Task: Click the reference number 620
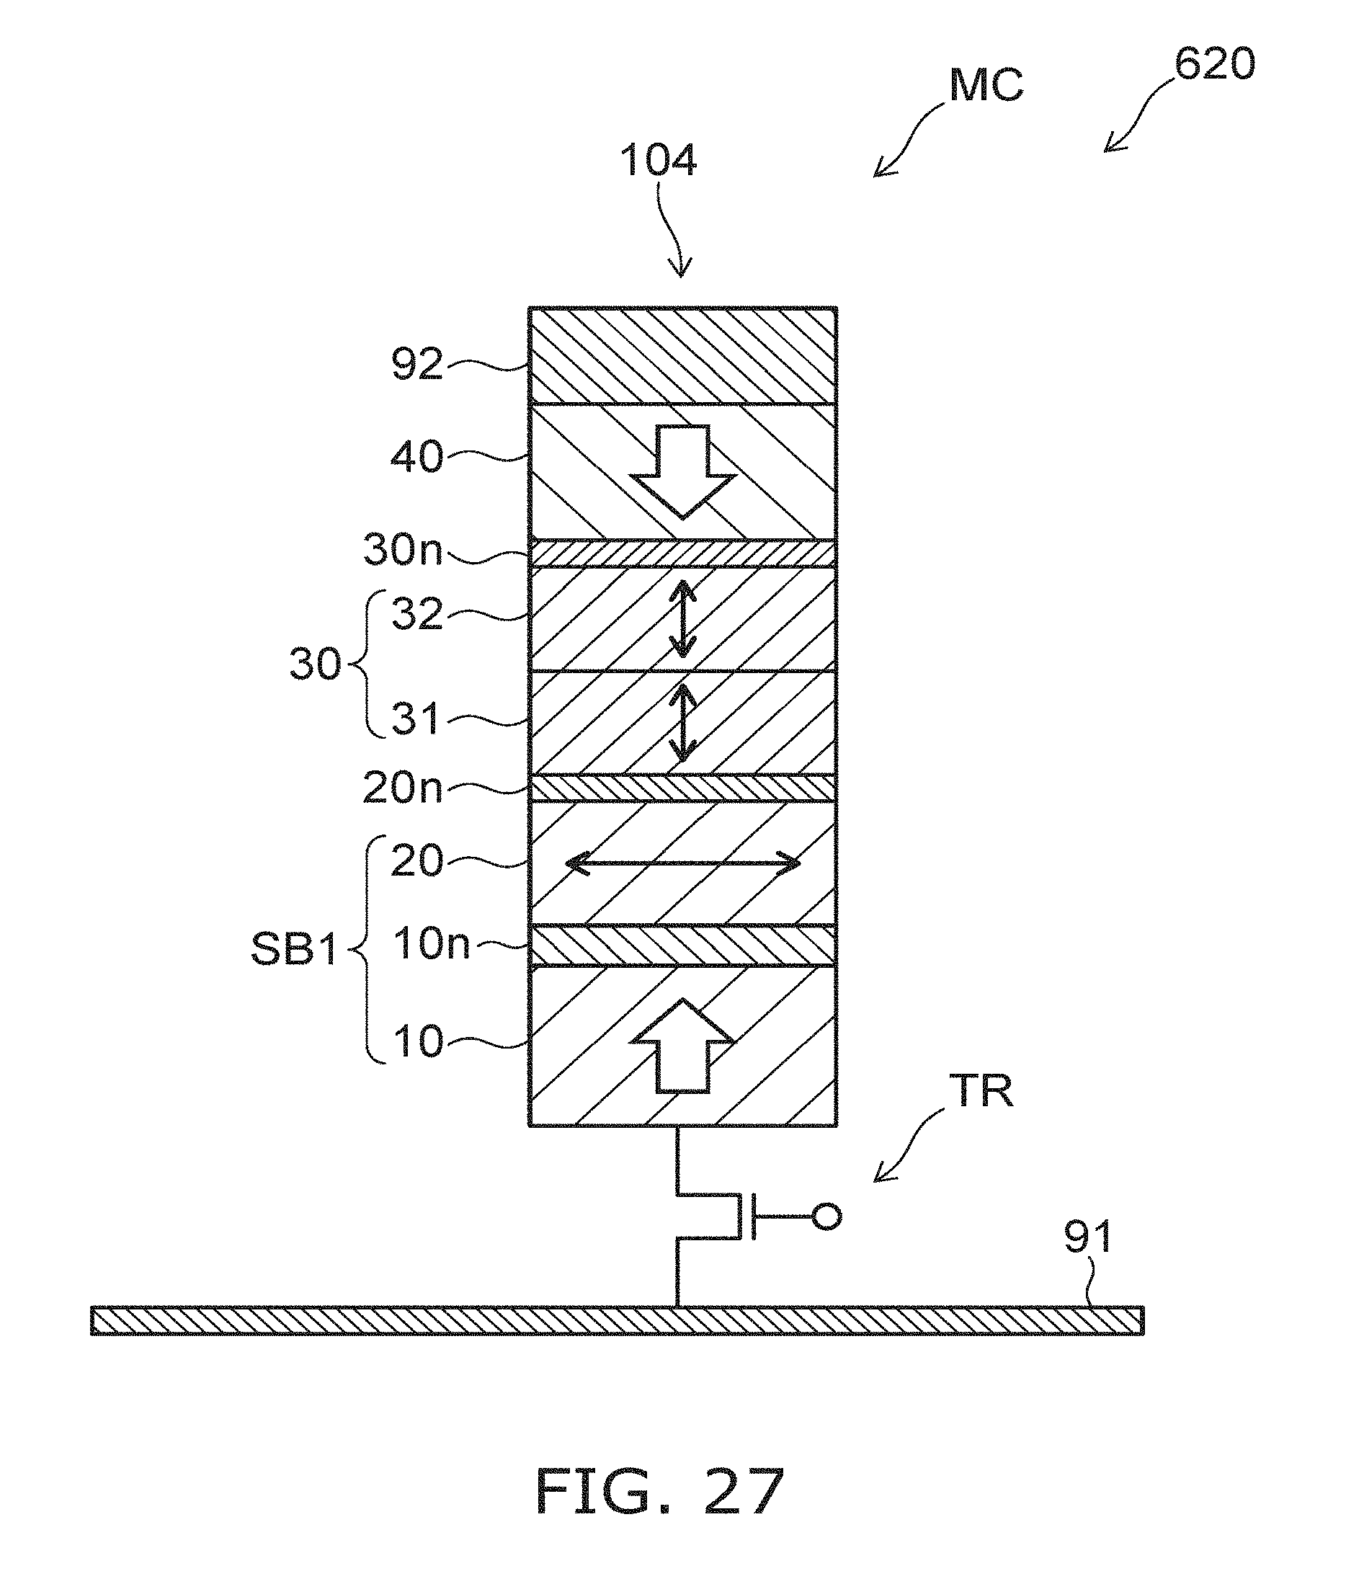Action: (x=1214, y=64)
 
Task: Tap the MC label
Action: (x=985, y=86)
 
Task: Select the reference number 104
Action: (x=658, y=161)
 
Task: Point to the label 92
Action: (x=416, y=365)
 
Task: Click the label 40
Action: (x=416, y=457)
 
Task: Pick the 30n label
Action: (x=402, y=549)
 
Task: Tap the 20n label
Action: (x=402, y=788)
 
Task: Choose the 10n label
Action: (x=431, y=944)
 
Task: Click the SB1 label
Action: (x=295, y=950)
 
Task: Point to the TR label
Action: (x=981, y=1092)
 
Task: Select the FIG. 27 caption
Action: (x=660, y=1492)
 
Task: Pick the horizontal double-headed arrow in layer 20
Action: (x=683, y=864)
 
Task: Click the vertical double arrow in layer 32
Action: (x=683, y=619)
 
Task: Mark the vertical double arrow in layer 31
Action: (x=683, y=722)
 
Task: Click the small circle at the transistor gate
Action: (x=826, y=1216)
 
